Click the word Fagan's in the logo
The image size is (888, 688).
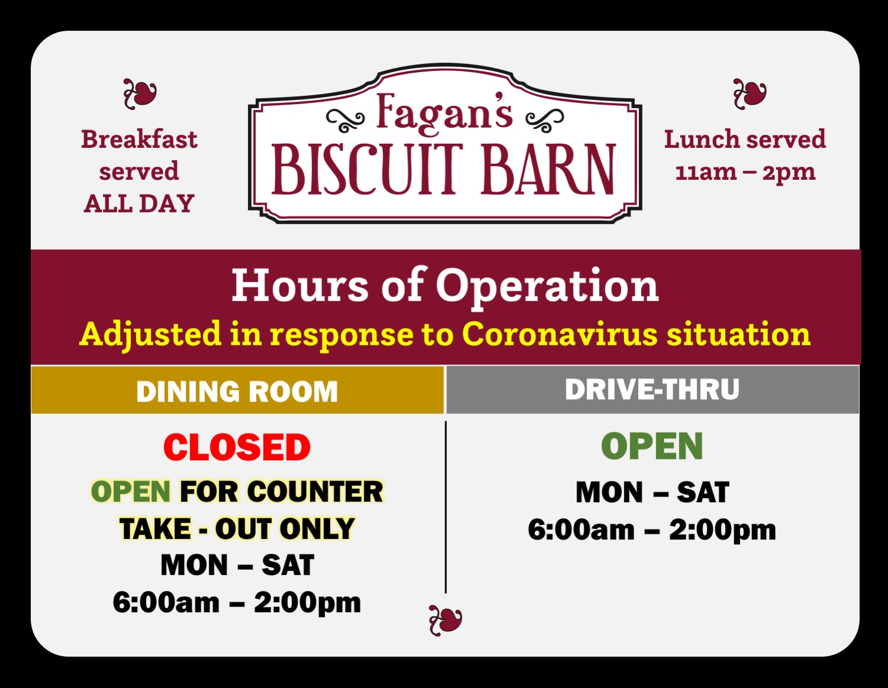pyautogui.click(x=444, y=113)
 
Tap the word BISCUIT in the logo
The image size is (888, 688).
pyautogui.click(x=368, y=169)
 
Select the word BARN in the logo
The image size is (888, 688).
pyautogui.click(x=548, y=169)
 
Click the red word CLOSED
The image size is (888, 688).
pyautogui.click(x=237, y=447)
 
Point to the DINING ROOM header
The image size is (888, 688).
pyautogui.click(x=237, y=392)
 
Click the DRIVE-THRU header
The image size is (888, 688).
pyautogui.click(x=652, y=389)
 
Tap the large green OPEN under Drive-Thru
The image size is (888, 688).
pyautogui.click(x=652, y=446)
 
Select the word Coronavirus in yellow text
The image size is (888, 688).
pyautogui.click(x=560, y=334)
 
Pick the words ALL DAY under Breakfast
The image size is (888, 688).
pyautogui.click(x=139, y=204)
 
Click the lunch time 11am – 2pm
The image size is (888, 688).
pyautogui.click(x=745, y=173)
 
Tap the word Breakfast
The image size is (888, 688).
pyautogui.click(x=139, y=139)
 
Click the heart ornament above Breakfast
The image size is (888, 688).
pyautogui.click(x=140, y=94)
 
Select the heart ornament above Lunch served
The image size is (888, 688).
pyautogui.click(x=750, y=94)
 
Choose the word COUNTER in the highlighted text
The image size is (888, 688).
pyautogui.click(x=315, y=491)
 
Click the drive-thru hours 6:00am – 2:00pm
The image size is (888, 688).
pyautogui.click(x=652, y=530)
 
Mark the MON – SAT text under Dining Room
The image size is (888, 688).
pyautogui.click(x=237, y=566)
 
